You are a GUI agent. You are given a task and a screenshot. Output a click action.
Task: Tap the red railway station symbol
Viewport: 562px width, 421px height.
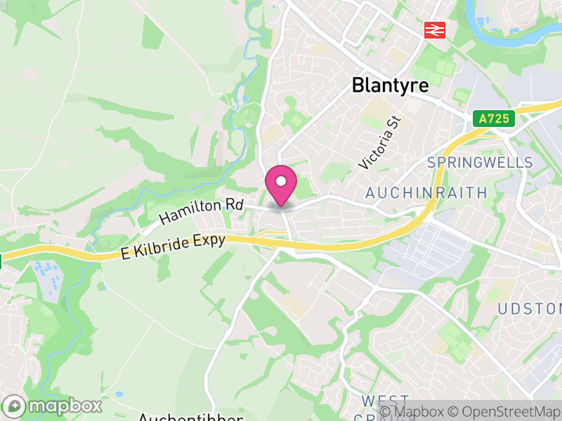tap(436, 30)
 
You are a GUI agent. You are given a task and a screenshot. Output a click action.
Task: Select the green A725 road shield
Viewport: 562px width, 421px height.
tap(494, 119)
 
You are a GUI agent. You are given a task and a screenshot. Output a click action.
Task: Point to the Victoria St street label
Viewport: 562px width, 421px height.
tap(378, 142)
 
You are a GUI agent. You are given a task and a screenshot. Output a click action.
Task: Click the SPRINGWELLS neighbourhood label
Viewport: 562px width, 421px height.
tap(481, 163)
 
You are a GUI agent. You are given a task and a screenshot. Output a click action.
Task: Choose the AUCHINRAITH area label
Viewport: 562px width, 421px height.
tap(426, 192)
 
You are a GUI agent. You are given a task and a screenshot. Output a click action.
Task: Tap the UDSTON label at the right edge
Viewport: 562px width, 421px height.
tap(530, 309)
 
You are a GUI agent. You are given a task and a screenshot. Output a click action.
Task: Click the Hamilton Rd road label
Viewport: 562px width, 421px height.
tap(200, 210)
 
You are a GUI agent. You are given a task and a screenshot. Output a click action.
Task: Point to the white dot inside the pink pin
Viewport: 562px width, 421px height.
tap(281, 182)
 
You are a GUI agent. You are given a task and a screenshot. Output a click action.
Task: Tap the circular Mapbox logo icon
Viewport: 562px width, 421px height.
tap(14, 406)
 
